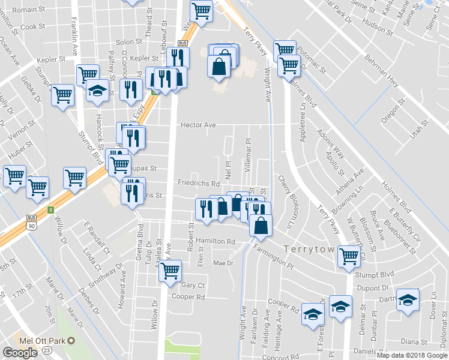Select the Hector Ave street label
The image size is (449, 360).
198,125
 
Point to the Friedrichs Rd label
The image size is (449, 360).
199,182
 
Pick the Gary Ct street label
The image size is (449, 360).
193,286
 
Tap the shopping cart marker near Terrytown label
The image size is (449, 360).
349,256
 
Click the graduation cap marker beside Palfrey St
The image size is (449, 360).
96,91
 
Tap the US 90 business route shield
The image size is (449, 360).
31,223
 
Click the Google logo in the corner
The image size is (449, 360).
20,352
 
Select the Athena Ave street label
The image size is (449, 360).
352,181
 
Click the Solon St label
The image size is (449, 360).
128,43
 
